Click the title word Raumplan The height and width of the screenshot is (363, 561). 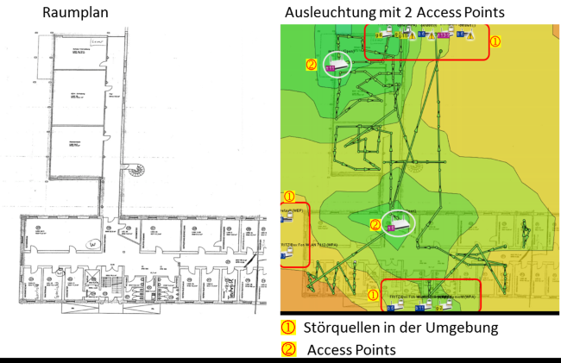77,12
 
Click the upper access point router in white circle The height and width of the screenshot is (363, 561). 339,64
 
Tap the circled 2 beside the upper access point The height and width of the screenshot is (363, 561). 311,64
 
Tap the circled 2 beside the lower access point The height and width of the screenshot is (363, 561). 375,224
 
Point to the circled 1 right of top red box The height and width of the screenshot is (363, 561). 495,40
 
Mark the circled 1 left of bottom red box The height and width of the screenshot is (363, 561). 373,293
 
